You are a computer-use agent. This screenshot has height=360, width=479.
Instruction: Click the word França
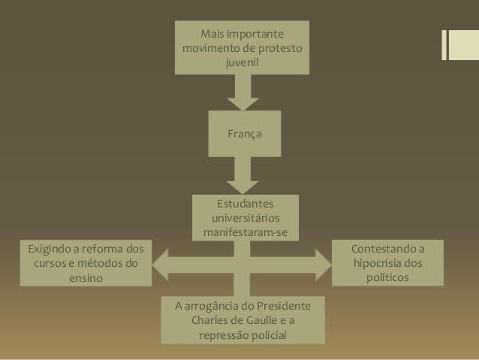pos(245,134)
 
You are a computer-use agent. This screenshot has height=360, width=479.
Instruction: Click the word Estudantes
pos(246,204)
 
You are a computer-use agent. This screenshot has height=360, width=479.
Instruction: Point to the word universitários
pos(246,219)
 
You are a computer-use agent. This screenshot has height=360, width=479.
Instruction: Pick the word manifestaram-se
pos(246,233)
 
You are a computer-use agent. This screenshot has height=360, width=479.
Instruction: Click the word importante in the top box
pos(259,35)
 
